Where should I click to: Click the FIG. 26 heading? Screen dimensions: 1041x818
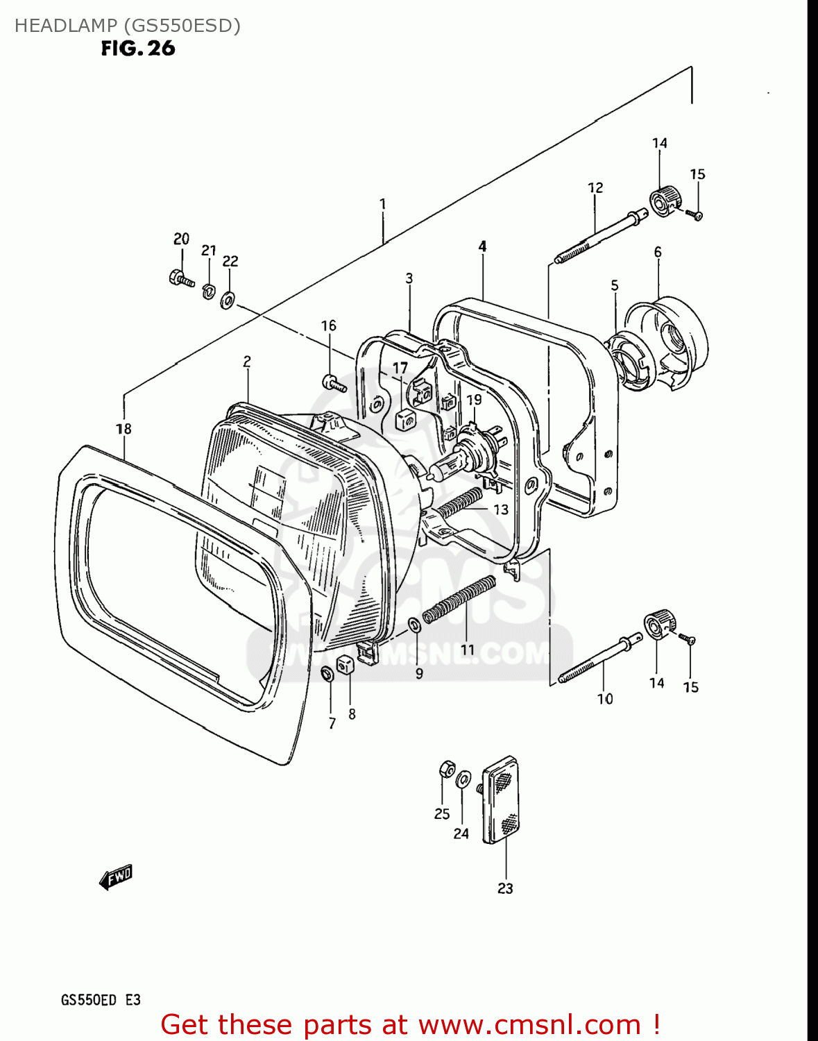(138, 49)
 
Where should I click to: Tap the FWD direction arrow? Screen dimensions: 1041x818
(115, 878)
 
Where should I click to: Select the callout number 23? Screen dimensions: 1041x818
(505, 888)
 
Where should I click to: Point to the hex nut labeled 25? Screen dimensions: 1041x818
(446, 769)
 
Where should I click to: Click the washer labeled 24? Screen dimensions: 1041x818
(463, 779)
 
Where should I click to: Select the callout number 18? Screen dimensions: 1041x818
(123, 429)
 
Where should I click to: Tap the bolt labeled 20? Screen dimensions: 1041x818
(180, 278)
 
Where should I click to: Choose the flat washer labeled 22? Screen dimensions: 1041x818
(227, 301)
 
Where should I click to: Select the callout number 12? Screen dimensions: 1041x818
(595, 188)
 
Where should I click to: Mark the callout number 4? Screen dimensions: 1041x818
(482, 246)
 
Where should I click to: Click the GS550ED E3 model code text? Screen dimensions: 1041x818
(101, 1000)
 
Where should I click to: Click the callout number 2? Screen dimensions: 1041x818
(247, 362)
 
